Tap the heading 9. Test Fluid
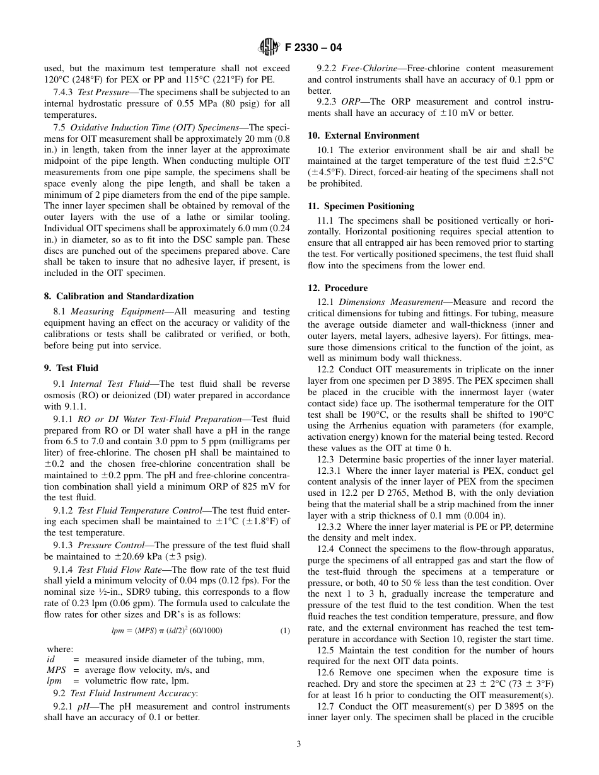tap(71, 368)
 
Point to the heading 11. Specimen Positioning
tap(361, 206)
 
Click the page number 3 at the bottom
tap(299, 743)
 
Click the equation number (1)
tap(284, 631)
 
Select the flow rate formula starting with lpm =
tap(166, 631)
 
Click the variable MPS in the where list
tap(57, 670)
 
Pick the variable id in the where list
tap(51, 659)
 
